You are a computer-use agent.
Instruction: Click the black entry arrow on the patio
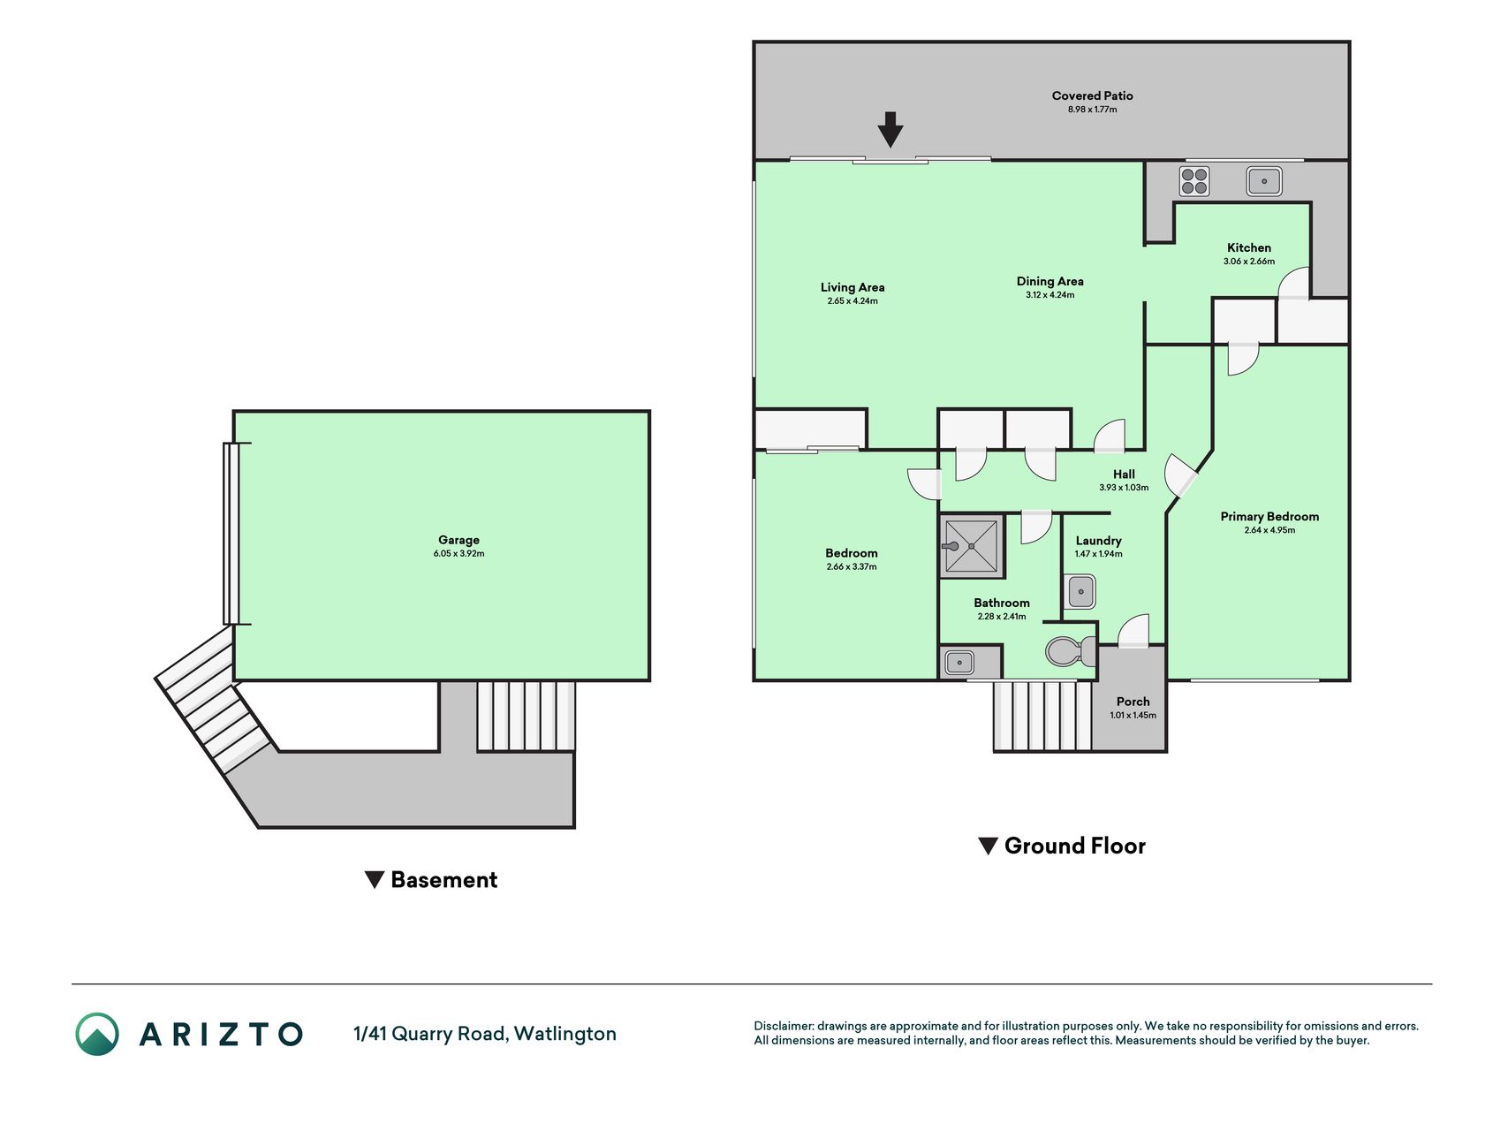(x=890, y=129)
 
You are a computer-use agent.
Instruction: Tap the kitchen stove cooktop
(x=1194, y=181)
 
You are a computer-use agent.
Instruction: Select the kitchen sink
(x=1264, y=181)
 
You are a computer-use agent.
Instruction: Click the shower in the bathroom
(x=972, y=546)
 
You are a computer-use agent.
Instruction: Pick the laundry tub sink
(x=1080, y=591)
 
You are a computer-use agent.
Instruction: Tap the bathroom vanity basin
(x=959, y=662)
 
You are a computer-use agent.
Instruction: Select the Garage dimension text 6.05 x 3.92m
(x=458, y=554)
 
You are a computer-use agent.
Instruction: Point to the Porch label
(x=1133, y=702)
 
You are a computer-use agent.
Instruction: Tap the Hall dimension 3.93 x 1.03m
(x=1124, y=488)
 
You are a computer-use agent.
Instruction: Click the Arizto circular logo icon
(x=97, y=1034)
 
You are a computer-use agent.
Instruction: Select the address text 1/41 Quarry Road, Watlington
(x=485, y=1034)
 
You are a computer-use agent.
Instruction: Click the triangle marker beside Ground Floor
(x=989, y=846)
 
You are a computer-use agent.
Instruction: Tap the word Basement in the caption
(x=444, y=880)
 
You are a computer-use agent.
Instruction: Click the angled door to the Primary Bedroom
(x=1182, y=475)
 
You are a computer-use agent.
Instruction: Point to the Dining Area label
(x=1050, y=281)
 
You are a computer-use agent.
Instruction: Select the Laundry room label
(x=1098, y=541)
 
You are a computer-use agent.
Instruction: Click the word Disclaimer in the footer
(x=783, y=1026)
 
